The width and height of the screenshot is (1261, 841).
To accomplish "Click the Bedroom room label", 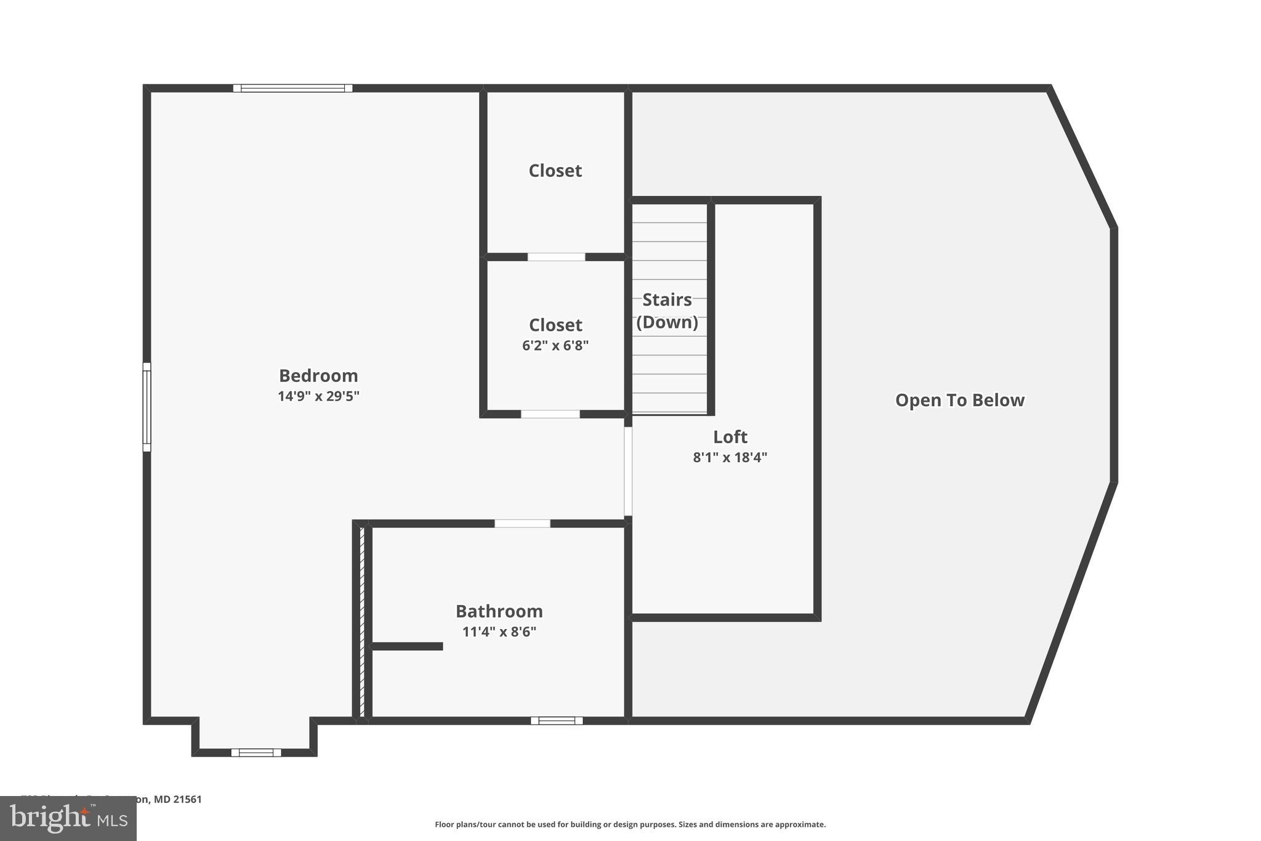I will (318, 375).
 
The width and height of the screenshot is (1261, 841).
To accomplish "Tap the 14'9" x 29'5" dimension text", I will (318, 396).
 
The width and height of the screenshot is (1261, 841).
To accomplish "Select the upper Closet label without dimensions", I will (555, 171).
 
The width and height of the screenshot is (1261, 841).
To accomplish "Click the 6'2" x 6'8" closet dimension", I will (555, 346).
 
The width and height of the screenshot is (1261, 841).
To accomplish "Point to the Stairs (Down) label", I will (667, 311).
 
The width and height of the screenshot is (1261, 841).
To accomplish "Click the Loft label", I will (730, 437).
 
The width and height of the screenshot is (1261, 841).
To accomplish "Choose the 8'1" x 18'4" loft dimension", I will (730, 457).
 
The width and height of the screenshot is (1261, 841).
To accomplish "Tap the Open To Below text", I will (959, 400).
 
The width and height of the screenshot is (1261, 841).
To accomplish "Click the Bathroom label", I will (499, 611).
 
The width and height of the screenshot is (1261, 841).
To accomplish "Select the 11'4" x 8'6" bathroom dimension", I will (499, 632).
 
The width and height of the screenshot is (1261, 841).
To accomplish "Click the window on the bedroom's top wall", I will (292, 88).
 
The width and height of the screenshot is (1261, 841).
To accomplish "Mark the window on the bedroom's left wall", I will (147, 407).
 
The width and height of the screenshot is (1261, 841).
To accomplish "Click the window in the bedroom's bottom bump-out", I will (256, 752).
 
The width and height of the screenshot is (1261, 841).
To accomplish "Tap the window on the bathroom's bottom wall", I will (557, 720).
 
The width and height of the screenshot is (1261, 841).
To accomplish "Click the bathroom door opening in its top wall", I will (522, 524).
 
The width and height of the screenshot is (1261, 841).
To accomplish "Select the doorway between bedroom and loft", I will (628, 471).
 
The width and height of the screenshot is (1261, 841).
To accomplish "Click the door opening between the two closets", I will (556, 257).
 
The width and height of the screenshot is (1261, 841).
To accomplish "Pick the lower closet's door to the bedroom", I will (550, 414).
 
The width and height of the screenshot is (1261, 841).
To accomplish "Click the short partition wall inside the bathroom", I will (407, 646).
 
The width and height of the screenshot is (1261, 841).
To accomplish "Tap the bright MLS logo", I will (68, 818).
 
